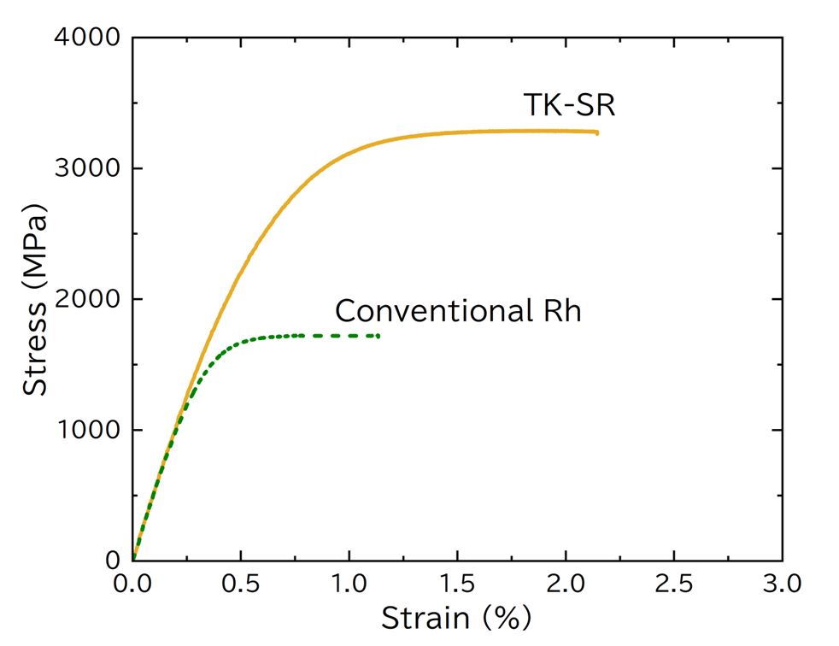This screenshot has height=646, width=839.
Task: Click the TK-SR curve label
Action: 569,105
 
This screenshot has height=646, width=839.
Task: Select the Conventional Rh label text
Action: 458,310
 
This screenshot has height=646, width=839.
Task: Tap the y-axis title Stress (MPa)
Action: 35,299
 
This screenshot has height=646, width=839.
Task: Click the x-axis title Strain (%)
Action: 455,618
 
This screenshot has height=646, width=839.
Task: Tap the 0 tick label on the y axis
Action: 113,561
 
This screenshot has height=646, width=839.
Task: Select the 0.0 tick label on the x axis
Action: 132,585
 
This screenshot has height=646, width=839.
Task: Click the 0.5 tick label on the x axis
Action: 241,585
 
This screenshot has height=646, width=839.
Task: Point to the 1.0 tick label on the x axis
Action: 349,585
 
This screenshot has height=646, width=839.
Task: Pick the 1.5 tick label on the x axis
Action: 457,585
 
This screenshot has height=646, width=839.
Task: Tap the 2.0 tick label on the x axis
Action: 566,585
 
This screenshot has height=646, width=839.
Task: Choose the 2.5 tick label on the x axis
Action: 673,585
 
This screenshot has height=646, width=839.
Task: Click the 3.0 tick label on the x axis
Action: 782,585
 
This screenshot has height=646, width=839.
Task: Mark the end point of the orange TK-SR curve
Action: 597,132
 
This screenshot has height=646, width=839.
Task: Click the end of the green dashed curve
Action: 378,336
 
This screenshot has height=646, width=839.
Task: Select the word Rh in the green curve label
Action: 562,310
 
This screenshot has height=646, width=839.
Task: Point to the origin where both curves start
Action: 133,560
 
